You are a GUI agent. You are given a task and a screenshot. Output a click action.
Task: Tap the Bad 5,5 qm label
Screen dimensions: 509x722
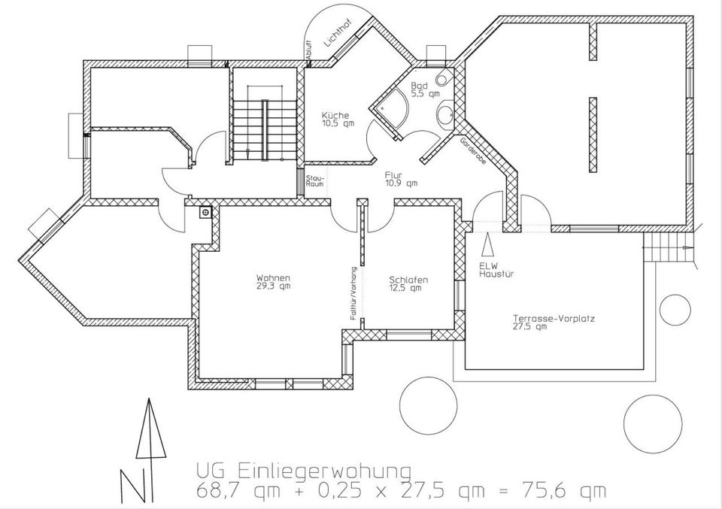click(x=419, y=91)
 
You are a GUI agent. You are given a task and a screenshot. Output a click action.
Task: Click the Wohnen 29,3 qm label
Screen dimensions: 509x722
click(x=273, y=281)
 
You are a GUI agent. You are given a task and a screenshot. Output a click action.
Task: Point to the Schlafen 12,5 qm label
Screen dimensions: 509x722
click(x=408, y=283)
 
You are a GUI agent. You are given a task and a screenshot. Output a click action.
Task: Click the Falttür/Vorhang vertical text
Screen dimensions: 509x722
click(x=353, y=293)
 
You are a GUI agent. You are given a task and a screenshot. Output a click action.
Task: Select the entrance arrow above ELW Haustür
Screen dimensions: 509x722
click(x=488, y=245)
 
